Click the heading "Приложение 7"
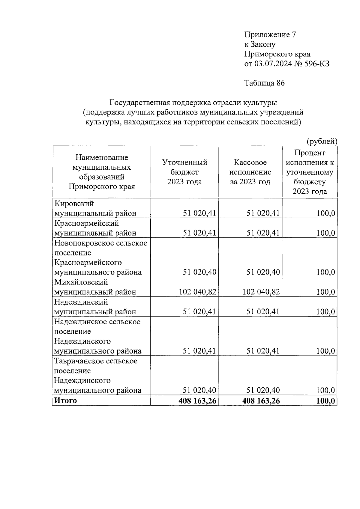point(270,35)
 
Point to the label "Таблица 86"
point(264,83)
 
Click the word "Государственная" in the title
point(140,103)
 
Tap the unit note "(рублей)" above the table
point(322,141)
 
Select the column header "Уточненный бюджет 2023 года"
point(184,172)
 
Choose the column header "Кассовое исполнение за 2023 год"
point(250,172)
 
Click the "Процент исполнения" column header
point(310,172)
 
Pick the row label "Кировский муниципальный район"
point(95,208)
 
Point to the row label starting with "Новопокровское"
point(101,257)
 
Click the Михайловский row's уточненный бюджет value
point(197,292)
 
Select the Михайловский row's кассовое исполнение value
point(261,292)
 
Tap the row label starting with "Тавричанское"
point(97,376)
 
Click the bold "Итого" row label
point(65,400)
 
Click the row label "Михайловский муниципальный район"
point(95,287)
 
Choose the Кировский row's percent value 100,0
point(326,213)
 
